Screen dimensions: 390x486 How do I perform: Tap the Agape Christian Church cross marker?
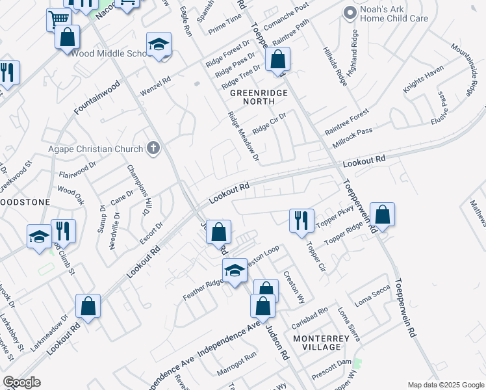pos(153,148)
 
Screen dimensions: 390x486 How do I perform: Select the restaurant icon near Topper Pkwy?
pos(301,220)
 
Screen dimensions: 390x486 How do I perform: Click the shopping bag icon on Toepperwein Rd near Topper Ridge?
pos(383,215)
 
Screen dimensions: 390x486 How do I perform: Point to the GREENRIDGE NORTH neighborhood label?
pos(258,97)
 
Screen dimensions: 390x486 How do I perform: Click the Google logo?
pos(21,382)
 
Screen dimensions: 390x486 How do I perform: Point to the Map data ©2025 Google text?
pos(445,385)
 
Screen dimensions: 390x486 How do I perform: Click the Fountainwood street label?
pos(97,97)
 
